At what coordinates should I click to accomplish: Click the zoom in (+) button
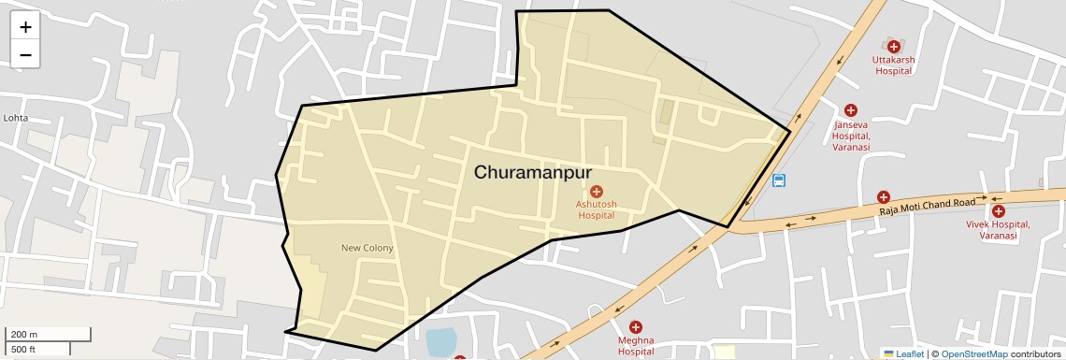pyautogui.click(x=25, y=27)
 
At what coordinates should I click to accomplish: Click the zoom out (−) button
pyautogui.click(x=25, y=55)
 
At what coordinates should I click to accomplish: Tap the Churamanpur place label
pyautogui.click(x=533, y=172)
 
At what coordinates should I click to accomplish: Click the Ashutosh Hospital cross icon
pyautogui.click(x=597, y=191)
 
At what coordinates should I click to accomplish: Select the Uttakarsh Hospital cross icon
pyautogui.click(x=893, y=46)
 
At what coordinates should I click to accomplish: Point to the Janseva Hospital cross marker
pyautogui.click(x=851, y=110)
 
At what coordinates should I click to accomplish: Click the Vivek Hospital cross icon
pyautogui.click(x=999, y=211)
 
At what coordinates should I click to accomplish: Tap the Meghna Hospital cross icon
pyautogui.click(x=636, y=326)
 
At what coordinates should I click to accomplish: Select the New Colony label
pyautogui.click(x=367, y=248)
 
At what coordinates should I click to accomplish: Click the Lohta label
pyautogui.click(x=16, y=118)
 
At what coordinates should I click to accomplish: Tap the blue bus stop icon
pyautogui.click(x=779, y=180)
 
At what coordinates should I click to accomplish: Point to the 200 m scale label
pyautogui.click(x=23, y=334)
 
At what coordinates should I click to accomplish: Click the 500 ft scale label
pyautogui.click(x=23, y=349)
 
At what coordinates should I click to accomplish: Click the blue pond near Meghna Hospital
pyautogui.click(x=439, y=341)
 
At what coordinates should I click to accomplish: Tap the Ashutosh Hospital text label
pyautogui.click(x=597, y=209)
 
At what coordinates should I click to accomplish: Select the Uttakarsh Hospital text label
pyautogui.click(x=893, y=65)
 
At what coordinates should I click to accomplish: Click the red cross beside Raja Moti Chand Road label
pyautogui.click(x=883, y=197)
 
